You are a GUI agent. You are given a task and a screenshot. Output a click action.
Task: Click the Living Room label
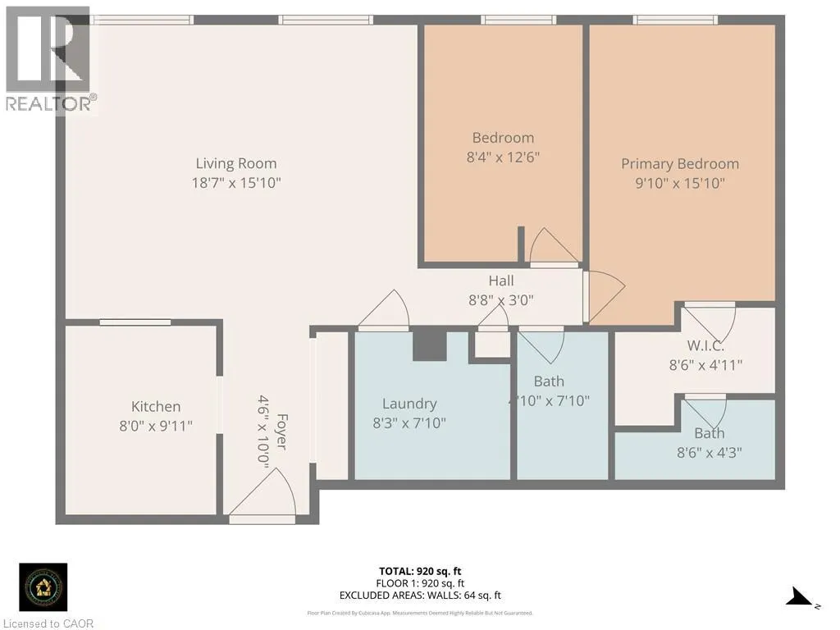point(236,163)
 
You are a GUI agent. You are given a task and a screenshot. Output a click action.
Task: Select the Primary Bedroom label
point(679,163)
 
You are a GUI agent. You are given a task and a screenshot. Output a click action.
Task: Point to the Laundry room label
point(409,404)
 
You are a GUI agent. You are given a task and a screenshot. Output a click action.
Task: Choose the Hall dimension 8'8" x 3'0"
point(501,299)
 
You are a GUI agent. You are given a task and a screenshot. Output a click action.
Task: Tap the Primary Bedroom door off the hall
point(603,294)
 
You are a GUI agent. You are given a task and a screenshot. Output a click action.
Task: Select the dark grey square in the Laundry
point(428,345)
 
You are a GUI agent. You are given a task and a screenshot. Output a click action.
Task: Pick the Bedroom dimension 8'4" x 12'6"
point(502,156)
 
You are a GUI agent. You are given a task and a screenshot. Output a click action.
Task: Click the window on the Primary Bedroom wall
point(676,20)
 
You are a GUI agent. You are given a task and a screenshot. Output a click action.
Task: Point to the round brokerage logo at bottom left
point(43,587)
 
